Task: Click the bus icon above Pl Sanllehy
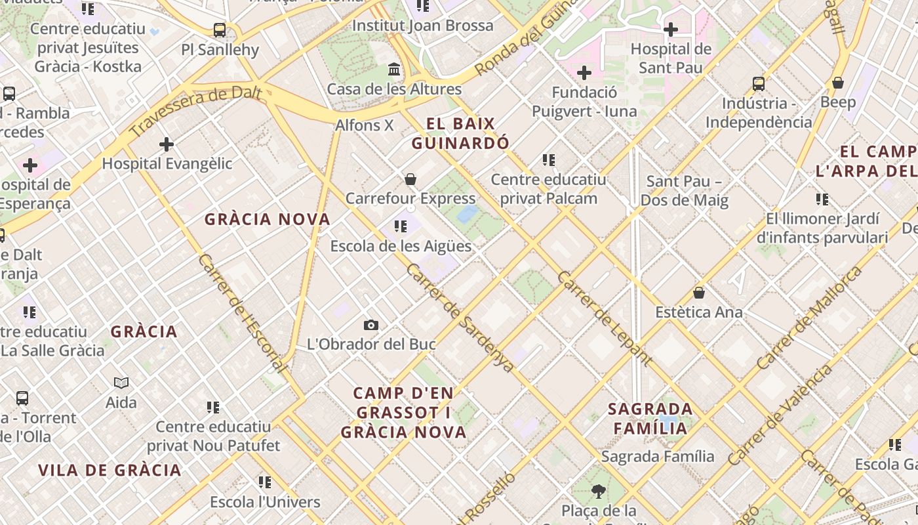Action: point(220,30)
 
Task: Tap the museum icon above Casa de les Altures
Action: point(394,69)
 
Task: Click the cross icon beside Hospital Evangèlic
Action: point(167,144)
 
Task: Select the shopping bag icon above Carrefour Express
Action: point(410,179)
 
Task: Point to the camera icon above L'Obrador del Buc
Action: point(371,325)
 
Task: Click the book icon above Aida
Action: point(121,383)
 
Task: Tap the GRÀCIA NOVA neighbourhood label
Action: point(268,219)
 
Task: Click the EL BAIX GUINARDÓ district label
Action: point(460,133)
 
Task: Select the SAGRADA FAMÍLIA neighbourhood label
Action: point(650,419)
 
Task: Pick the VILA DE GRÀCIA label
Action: point(110,470)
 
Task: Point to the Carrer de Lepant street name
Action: point(605,318)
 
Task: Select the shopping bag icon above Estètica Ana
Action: point(699,293)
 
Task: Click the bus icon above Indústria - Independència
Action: point(759,84)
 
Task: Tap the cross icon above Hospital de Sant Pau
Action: point(671,30)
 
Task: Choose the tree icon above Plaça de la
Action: point(598,491)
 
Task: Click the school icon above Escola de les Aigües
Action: point(400,227)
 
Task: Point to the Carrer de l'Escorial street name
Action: point(242,314)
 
